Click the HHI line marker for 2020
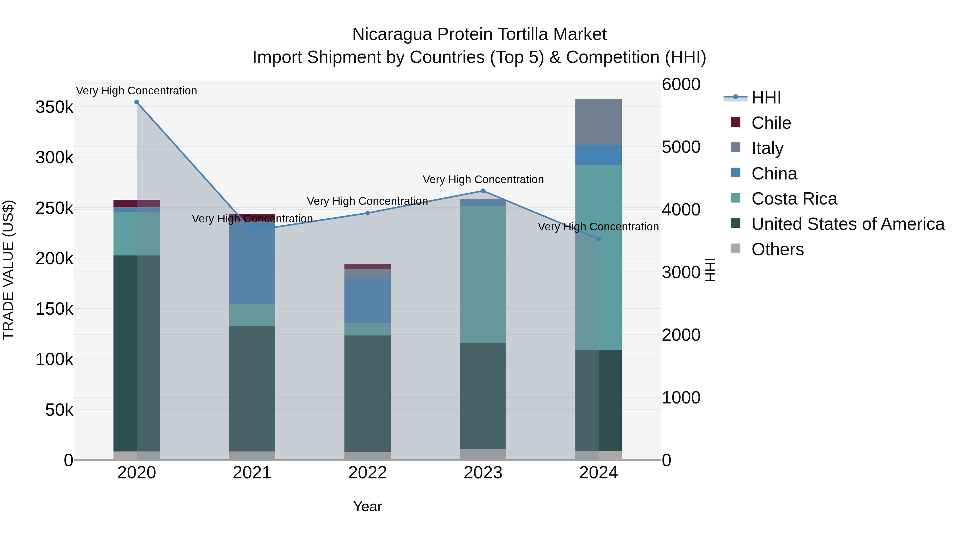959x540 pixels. tap(137, 102)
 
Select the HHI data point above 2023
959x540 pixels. tap(483, 191)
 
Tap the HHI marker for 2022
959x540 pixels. tap(367, 213)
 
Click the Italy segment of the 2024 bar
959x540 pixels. tap(598, 122)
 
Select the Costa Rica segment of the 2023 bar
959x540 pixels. tap(483, 274)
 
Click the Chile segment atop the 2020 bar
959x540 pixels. tap(137, 203)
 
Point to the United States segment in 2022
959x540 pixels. tap(367, 393)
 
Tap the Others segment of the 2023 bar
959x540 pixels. tap(483, 454)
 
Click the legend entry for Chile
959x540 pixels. tap(771, 123)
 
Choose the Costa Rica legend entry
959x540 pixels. tap(794, 199)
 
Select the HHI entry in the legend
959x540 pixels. tap(766, 98)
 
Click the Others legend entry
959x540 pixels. tap(777, 249)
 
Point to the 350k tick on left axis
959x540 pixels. tap(54, 107)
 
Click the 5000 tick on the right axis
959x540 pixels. tap(681, 147)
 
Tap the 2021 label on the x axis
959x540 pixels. tap(252, 473)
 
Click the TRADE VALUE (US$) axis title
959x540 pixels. tap(8, 270)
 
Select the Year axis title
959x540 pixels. tap(367, 506)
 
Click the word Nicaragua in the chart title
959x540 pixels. tap(392, 34)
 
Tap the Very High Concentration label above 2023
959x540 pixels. tap(483, 180)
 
